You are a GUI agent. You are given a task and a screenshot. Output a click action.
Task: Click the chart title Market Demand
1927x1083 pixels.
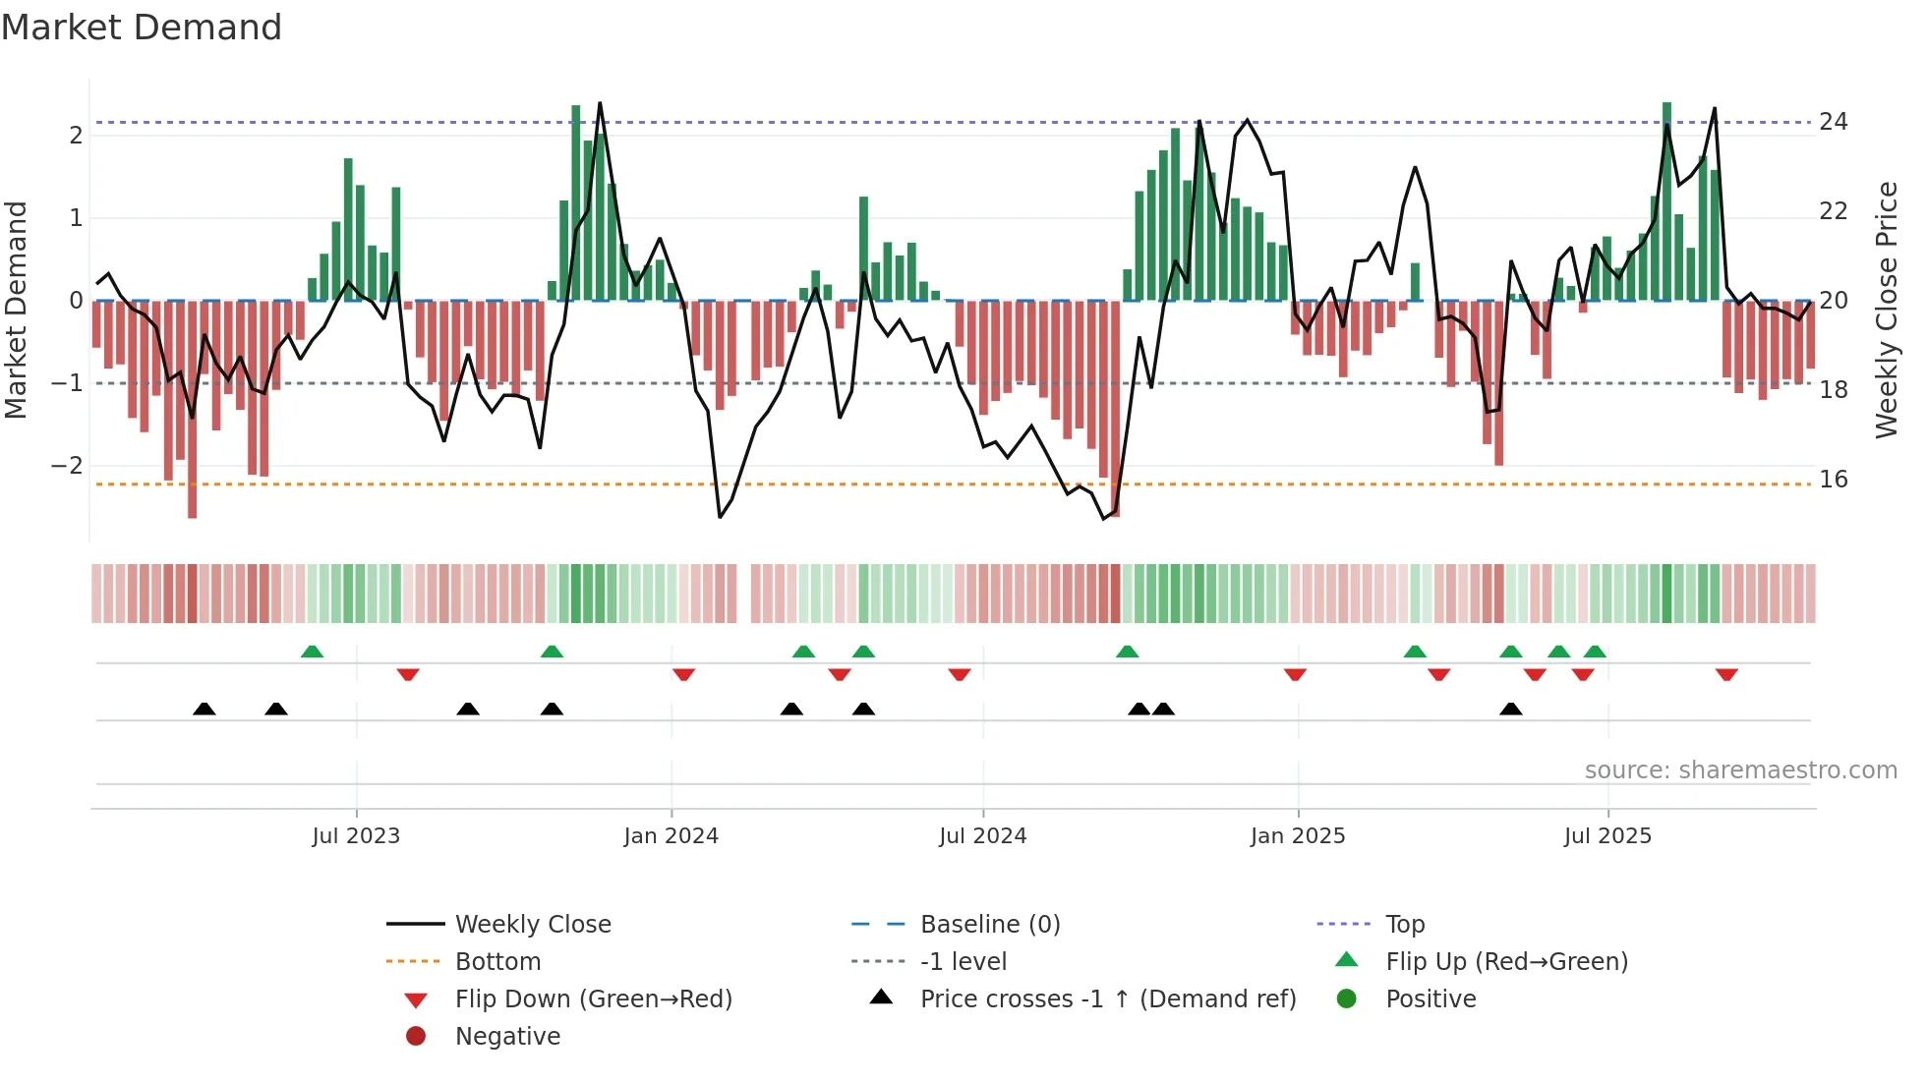tap(142, 28)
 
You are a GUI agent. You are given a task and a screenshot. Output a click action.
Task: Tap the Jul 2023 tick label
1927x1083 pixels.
tap(356, 836)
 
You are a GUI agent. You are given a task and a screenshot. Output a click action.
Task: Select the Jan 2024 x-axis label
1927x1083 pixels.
tap(672, 836)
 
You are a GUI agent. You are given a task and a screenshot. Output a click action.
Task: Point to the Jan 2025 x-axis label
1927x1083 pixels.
tap(1298, 836)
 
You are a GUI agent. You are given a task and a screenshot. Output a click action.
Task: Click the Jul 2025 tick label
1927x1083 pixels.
tap(1608, 836)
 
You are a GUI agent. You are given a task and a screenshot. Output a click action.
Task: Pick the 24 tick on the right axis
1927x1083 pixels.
tap(1833, 122)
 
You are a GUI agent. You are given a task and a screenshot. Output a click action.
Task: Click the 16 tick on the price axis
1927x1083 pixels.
tap(1833, 480)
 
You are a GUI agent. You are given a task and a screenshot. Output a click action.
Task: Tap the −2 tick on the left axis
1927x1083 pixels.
tap(67, 466)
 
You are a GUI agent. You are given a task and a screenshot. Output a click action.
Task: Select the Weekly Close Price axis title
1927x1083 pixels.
tap(1886, 310)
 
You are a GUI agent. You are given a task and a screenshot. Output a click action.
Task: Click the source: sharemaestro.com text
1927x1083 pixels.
tap(1740, 770)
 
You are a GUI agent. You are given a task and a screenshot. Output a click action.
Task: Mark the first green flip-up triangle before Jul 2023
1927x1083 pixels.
tap(312, 652)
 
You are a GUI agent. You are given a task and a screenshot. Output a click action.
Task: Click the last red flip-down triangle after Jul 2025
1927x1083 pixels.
tap(1726, 674)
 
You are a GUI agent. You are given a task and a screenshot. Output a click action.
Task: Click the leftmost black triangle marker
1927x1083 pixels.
tap(204, 709)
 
